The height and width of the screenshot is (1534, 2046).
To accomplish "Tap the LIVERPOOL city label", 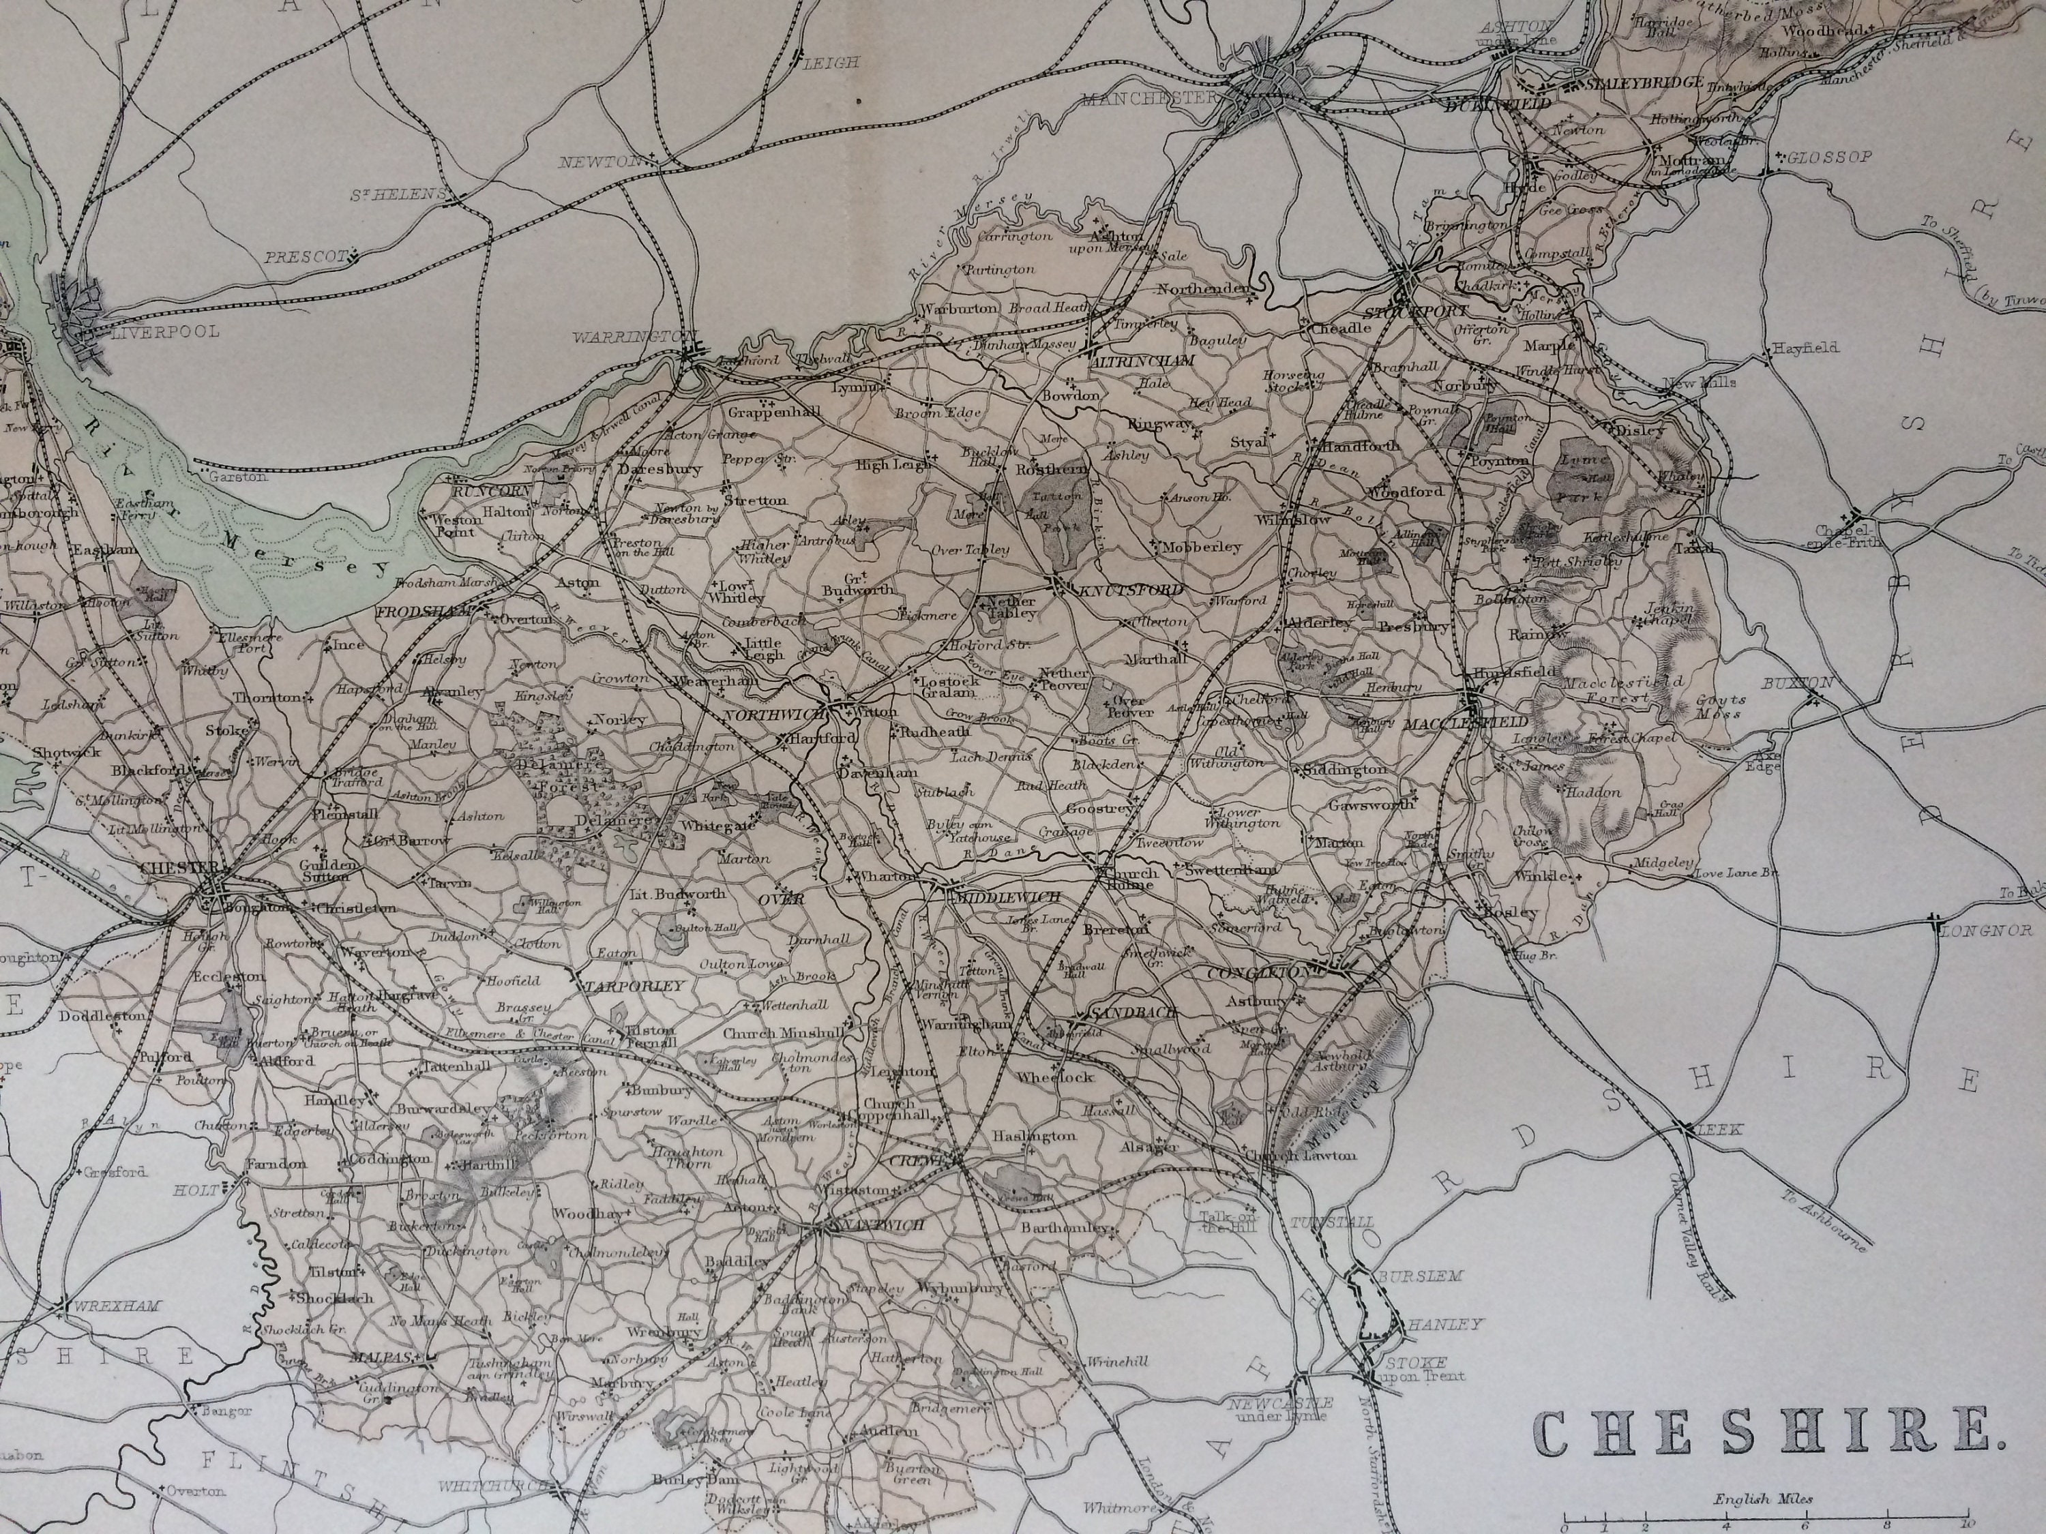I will click(164, 331).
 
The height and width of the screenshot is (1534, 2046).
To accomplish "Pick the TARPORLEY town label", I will click(636, 986).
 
